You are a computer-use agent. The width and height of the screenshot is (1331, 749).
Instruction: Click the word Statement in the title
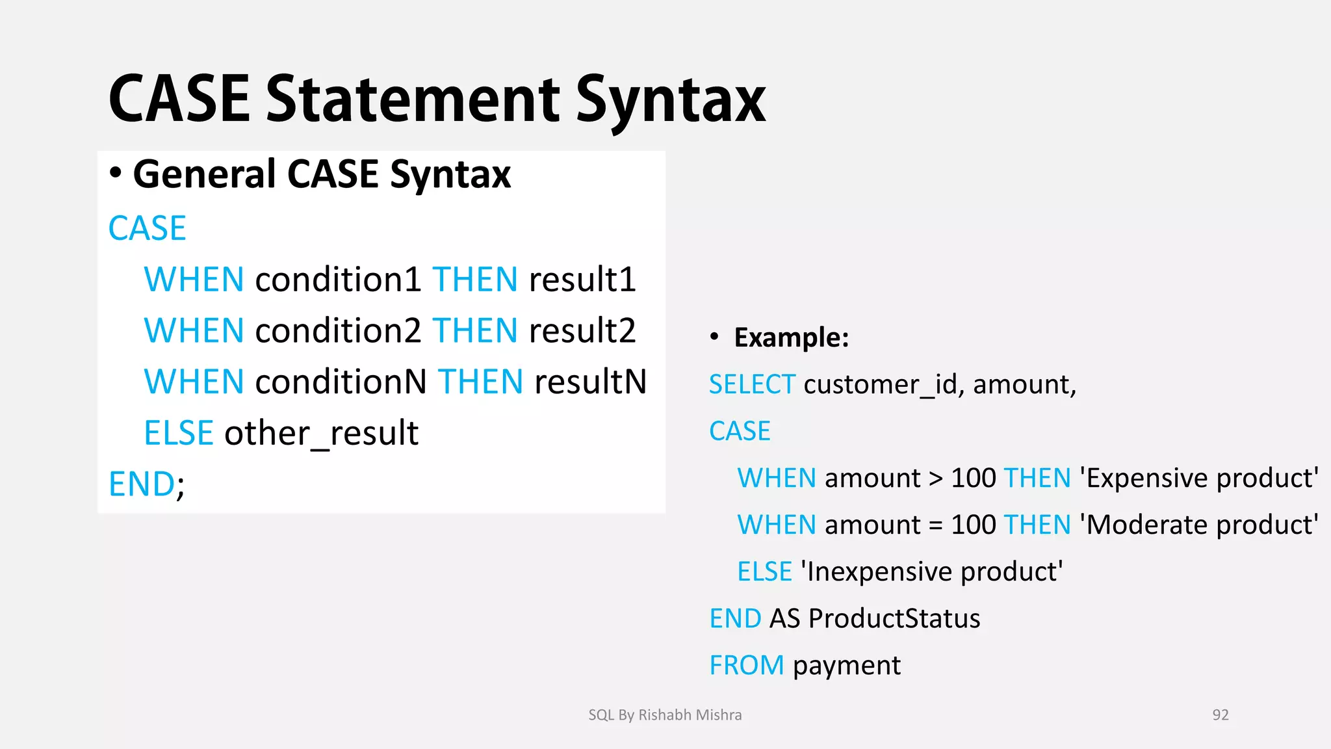click(413, 99)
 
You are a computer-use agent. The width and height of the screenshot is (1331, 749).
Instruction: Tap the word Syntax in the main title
click(671, 99)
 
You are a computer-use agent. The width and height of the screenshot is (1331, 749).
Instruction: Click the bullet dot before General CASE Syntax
click(116, 173)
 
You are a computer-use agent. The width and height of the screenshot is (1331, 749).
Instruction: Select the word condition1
click(339, 280)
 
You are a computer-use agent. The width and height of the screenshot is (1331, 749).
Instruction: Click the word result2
click(582, 330)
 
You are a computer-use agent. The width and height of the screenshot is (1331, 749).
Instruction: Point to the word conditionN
click(341, 382)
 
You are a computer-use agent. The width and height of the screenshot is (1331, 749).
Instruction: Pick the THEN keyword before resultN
click(480, 382)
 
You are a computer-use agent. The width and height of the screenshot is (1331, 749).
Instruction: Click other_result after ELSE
click(321, 433)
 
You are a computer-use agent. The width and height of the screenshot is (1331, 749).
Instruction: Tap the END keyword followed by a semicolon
click(142, 484)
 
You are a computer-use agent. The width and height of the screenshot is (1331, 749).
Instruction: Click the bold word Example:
click(791, 337)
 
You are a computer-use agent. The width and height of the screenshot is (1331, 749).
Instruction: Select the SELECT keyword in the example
click(752, 384)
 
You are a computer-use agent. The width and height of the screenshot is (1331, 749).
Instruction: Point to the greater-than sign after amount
click(935, 479)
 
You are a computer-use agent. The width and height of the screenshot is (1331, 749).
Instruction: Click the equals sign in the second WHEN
click(935, 525)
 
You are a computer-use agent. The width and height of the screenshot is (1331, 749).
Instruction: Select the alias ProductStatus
click(894, 618)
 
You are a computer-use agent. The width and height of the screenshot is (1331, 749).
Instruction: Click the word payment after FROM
click(846, 665)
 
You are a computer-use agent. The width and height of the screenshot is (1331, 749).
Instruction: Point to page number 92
click(1221, 715)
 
